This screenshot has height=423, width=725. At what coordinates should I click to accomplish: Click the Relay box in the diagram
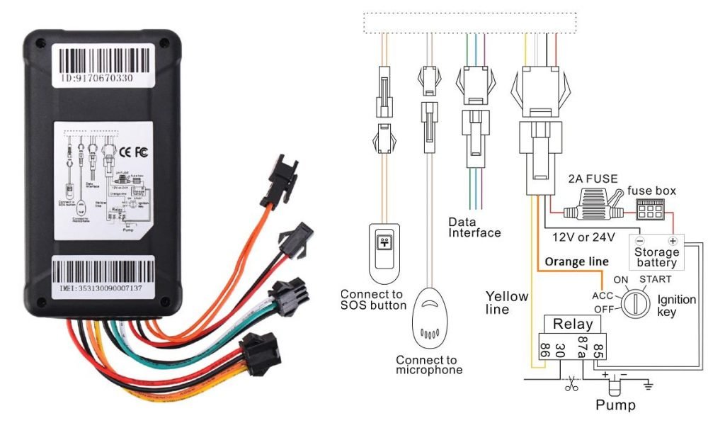pyautogui.click(x=572, y=325)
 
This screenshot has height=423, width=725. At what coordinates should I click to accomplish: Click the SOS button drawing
pyautogui.click(x=384, y=253)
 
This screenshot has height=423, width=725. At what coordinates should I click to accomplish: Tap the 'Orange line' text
pyautogui.click(x=576, y=262)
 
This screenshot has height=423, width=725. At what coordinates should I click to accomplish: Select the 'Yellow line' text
pyautogui.click(x=506, y=303)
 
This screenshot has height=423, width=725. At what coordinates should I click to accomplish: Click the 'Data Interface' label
pyautogui.click(x=474, y=227)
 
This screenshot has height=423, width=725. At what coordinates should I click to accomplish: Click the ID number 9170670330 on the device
pyautogui.click(x=96, y=79)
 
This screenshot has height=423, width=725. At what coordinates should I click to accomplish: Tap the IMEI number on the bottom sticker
pyautogui.click(x=101, y=288)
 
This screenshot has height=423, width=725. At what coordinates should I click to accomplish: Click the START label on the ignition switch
pyautogui.click(x=654, y=279)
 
